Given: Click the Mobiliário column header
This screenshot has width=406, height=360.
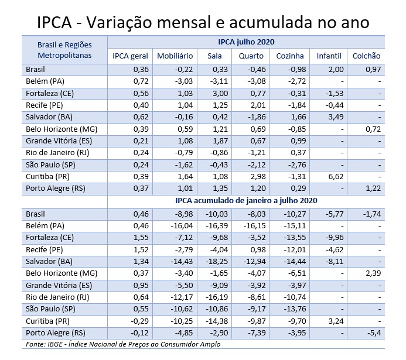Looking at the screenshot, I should pyautogui.click(x=174, y=56).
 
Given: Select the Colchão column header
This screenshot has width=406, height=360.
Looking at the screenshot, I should pyautogui.click(x=367, y=56).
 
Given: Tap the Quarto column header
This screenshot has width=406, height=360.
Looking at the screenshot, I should pyautogui.click(x=251, y=56).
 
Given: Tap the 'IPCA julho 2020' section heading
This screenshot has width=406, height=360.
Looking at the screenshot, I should pyautogui.click(x=246, y=42).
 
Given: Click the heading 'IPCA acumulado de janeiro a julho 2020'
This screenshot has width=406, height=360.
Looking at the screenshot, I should pyautogui.click(x=246, y=201).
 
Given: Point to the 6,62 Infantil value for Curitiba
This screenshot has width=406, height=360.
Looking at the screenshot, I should pyautogui.click(x=335, y=176).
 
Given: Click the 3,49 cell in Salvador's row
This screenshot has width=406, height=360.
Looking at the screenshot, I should pyautogui.click(x=335, y=116).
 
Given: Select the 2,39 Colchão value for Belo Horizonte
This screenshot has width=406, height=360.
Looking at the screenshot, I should pyautogui.click(x=373, y=273).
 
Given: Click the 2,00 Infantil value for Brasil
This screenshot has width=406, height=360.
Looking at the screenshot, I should pyautogui.click(x=335, y=68).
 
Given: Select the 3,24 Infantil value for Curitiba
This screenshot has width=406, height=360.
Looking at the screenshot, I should pyautogui.click(x=335, y=321).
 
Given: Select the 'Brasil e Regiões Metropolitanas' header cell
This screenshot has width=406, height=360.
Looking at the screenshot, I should pyautogui.click(x=64, y=50).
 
